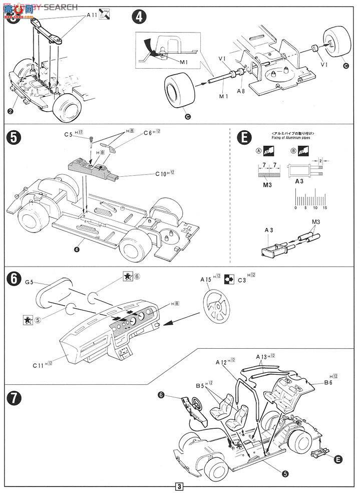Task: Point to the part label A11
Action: pyautogui.click(x=92, y=16)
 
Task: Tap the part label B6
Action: pyautogui.click(x=328, y=383)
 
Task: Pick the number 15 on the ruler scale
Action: pyautogui.click(x=324, y=207)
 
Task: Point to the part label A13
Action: pyautogui.click(x=261, y=357)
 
